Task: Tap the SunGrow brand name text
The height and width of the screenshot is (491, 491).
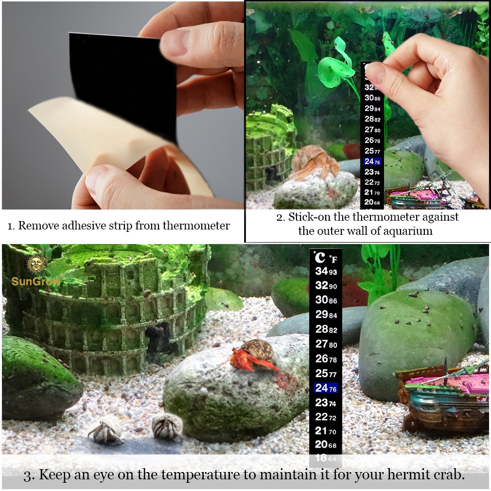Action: pos(36,281)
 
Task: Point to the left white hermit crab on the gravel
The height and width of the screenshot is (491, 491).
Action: pos(105,430)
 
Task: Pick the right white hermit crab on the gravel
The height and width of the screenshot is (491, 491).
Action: pos(167,426)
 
